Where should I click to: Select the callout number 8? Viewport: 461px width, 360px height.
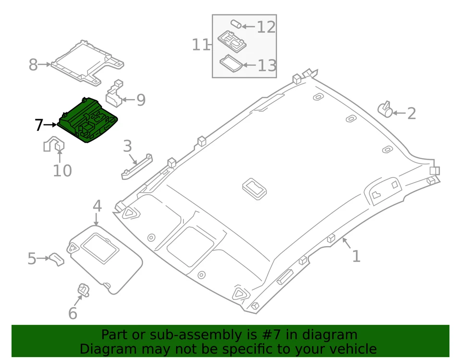click(33, 64)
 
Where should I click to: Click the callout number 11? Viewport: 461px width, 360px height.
click(201, 45)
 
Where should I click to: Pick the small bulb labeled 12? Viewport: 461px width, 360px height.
click(235, 24)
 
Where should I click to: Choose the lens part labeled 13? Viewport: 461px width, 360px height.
click(230, 63)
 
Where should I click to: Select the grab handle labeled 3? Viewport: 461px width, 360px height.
click(136, 166)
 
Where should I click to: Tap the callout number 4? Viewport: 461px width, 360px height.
click(97, 206)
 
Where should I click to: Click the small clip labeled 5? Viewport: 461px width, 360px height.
click(57, 260)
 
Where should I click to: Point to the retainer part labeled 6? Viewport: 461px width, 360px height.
click(83, 290)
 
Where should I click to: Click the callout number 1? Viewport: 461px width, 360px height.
click(356, 256)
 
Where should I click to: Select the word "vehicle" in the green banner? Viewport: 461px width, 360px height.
click(353, 349)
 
